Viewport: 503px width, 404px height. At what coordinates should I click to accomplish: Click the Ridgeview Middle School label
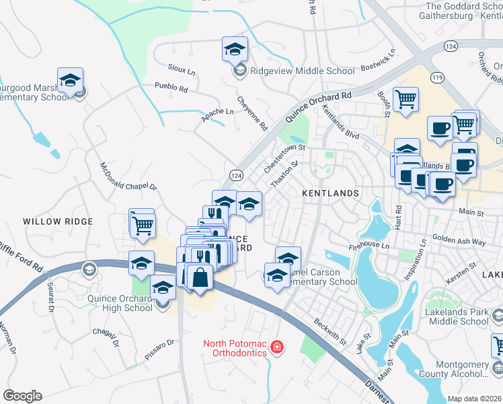pyautogui.click(x=302, y=71)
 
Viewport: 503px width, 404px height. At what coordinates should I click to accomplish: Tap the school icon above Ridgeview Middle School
pyautogui.click(x=235, y=49)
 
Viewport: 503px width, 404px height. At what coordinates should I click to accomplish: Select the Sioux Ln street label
pyautogui.click(x=182, y=70)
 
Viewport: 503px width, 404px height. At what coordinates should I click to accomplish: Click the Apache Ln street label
pyautogui.click(x=216, y=115)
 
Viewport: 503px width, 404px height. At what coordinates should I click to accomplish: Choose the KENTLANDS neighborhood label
pyautogui.click(x=330, y=193)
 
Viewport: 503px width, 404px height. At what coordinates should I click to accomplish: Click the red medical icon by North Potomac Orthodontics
pyautogui.click(x=276, y=347)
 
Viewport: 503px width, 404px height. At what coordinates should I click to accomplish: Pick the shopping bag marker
pyautogui.click(x=200, y=277)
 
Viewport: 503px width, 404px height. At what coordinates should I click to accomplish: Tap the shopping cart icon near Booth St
pyautogui.click(x=405, y=100)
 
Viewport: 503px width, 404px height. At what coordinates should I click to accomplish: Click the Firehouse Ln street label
pyautogui.click(x=369, y=247)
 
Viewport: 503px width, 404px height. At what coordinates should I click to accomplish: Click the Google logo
pyautogui.click(x=22, y=396)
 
